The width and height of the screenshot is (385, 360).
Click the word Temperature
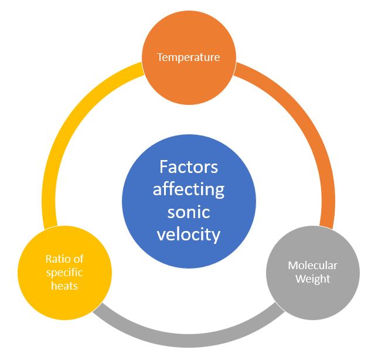click(x=188, y=57)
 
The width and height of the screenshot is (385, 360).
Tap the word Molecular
click(x=312, y=266)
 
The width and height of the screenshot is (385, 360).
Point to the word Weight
click(x=312, y=279)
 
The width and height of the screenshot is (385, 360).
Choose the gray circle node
click(x=312, y=293)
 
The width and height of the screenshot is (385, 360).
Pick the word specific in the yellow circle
click(x=64, y=272)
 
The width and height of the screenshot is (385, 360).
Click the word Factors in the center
click(x=189, y=167)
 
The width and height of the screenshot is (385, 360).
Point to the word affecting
click(x=189, y=190)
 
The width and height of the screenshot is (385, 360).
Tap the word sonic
click(x=189, y=212)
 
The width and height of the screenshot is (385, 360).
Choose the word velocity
click(x=189, y=235)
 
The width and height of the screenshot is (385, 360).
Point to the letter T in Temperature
click(x=159, y=57)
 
